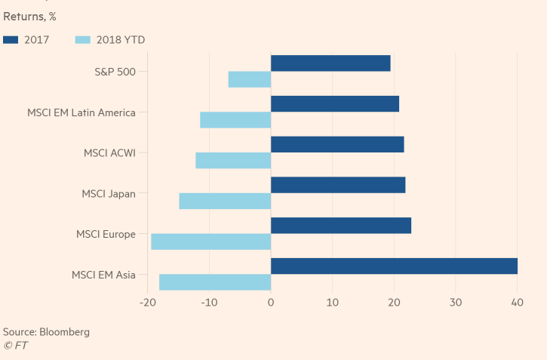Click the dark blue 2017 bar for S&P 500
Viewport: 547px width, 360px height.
(330, 63)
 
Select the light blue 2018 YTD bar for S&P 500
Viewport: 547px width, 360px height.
(250, 79)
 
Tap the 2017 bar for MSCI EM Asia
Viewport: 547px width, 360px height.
(394, 266)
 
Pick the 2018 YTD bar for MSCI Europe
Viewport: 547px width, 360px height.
(211, 242)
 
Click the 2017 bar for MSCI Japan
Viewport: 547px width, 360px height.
(338, 185)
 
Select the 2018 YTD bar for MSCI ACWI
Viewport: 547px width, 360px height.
(233, 161)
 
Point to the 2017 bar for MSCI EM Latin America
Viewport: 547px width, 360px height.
(335, 104)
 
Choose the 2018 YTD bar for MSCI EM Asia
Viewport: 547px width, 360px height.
(215, 282)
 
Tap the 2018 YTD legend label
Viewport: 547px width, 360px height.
(121, 39)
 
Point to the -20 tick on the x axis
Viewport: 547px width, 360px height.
(148, 303)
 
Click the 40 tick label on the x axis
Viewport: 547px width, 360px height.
(517, 303)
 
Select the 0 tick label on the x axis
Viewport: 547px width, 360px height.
(271, 303)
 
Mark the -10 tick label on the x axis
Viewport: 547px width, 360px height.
(209, 303)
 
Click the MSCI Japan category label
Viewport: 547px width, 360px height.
(109, 194)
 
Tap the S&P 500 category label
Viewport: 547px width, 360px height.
(115, 72)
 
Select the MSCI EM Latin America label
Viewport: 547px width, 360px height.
(81, 113)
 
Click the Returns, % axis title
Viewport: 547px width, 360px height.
(29, 15)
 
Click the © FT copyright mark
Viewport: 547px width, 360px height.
(15, 346)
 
